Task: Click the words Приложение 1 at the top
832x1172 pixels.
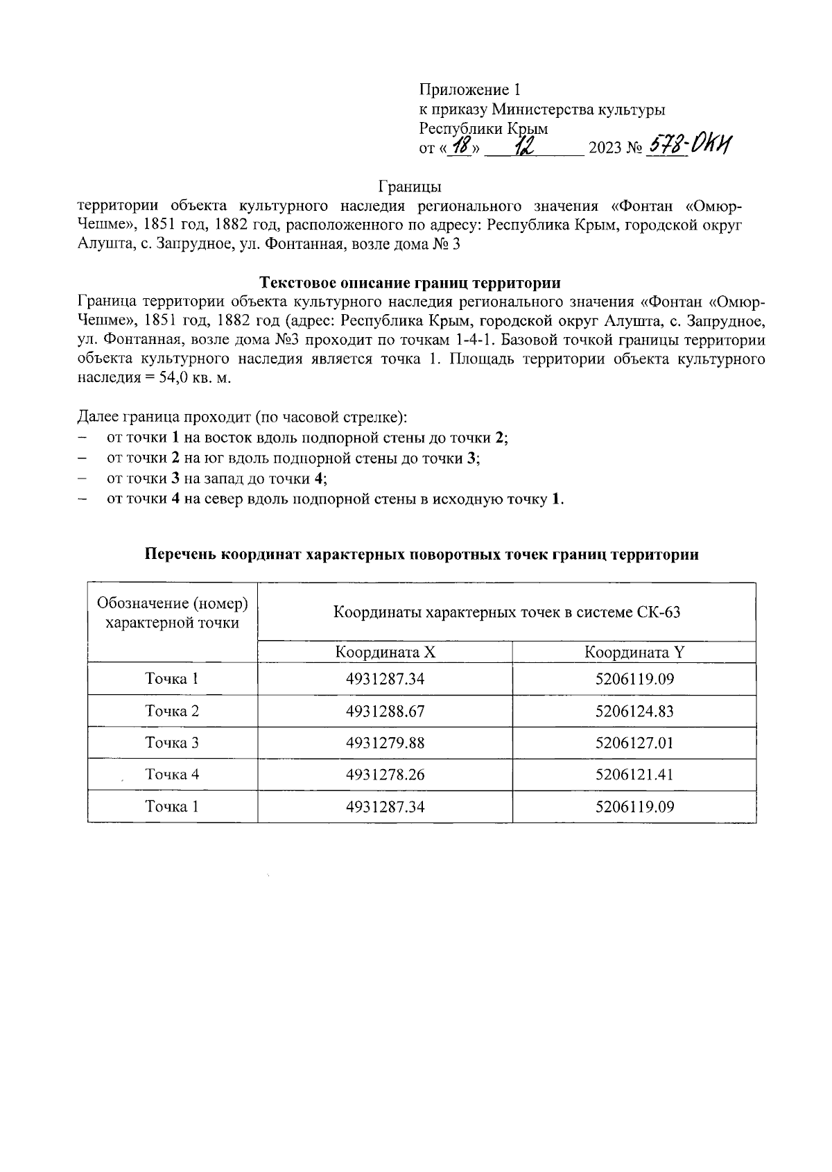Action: pyautogui.click(x=469, y=89)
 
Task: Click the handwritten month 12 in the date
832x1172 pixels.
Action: pyautogui.click(x=523, y=146)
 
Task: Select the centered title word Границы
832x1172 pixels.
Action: pyautogui.click(x=410, y=187)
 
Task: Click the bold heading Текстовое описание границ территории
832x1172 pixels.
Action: pyautogui.click(x=410, y=282)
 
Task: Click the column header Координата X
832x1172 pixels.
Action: pyautogui.click(x=385, y=652)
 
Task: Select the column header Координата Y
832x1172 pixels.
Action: pyautogui.click(x=634, y=652)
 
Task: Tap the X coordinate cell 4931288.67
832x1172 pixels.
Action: pyautogui.click(x=385, y=711)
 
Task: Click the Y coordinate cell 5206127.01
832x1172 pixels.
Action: pyautogui.click(x=634, y=743)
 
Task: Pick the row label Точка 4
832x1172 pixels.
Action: pyautogui.click(x=172, y=775)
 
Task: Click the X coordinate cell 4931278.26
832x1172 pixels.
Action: pyautogui.click(x=385, y=775)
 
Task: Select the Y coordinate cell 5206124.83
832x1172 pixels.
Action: pyautogui.click(x=634, y=711)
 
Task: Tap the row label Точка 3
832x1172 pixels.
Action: pyautogui.click(x=172, y=743)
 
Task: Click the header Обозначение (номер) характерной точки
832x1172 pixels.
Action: pyautogui.click(x=172, y=612)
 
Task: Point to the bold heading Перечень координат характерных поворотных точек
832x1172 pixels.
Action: pyautogui.click(x=422, y=554)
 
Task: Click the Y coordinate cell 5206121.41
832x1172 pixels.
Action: pyautogui.click(x=634, y=775)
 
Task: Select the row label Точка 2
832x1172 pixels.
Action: pyautogui.click(x=172, y=711)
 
